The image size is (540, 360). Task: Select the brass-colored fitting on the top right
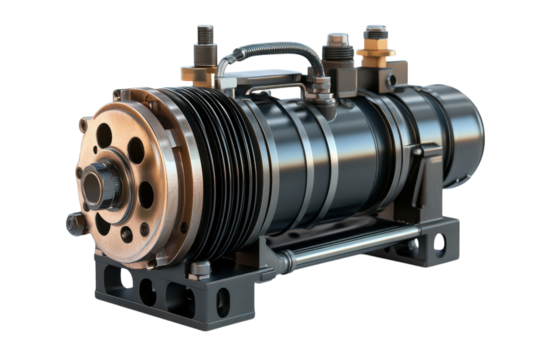click(x=375, y=50)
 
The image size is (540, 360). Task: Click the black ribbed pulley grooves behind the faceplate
click(x=215, y=165)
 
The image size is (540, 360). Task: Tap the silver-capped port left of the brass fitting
click(x=336, y=46)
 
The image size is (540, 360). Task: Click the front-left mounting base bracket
click(x=150, y=290)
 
